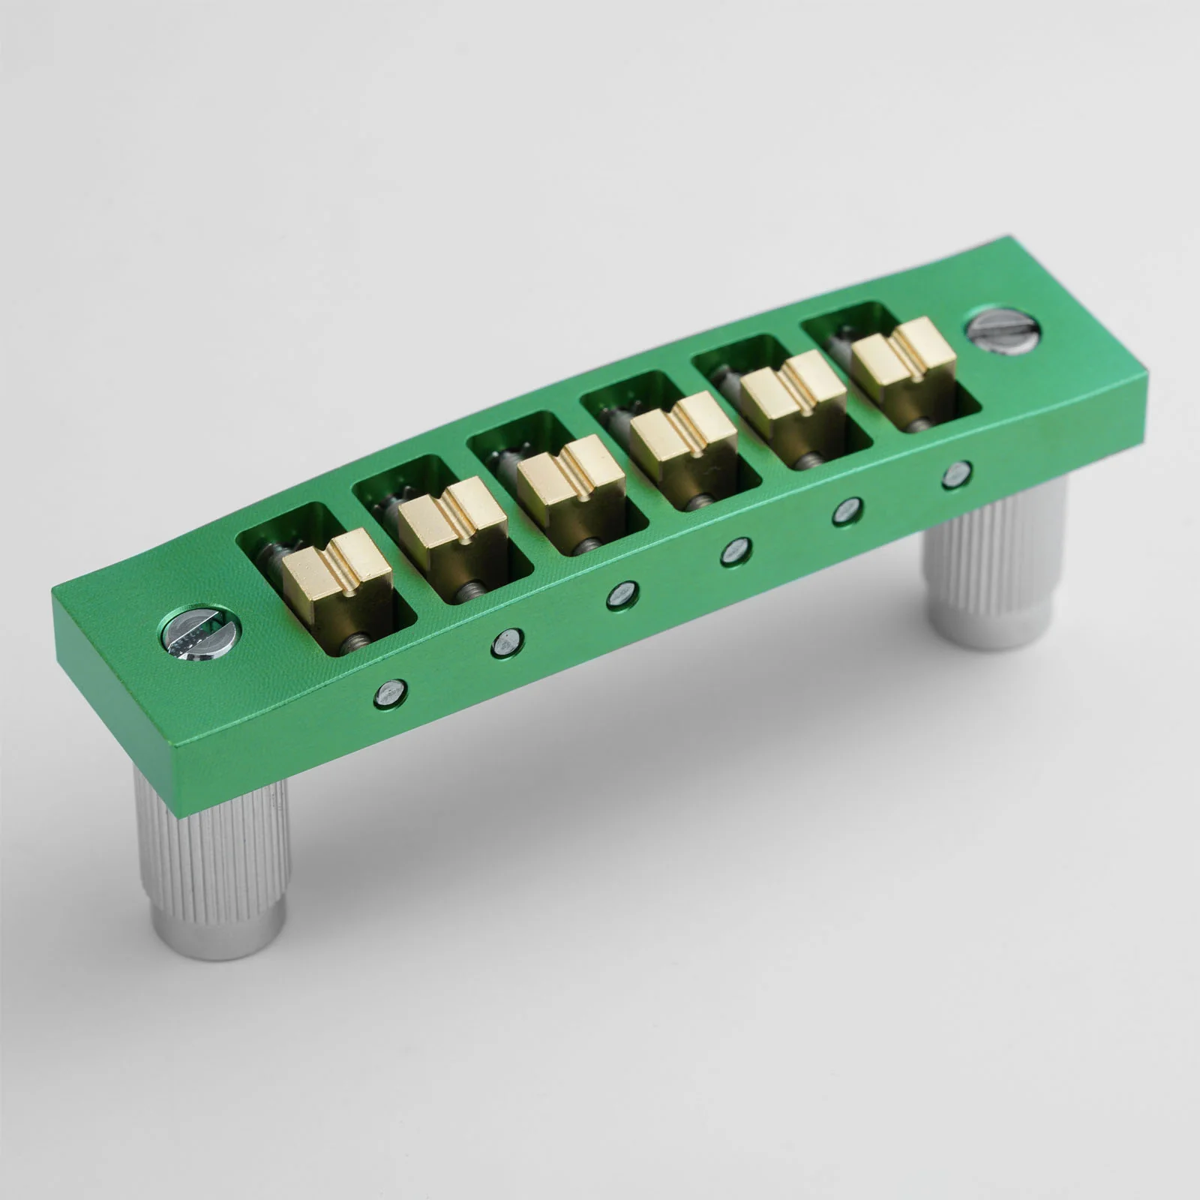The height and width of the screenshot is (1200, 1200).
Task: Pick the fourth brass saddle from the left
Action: click(682, 442)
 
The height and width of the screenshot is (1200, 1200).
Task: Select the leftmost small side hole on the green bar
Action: click(391, 694)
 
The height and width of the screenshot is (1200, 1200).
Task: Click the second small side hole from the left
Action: click(508, 643)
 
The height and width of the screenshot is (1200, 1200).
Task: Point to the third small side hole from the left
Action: click(622, 596)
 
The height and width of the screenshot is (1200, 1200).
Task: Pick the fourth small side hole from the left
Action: click(736, 552)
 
